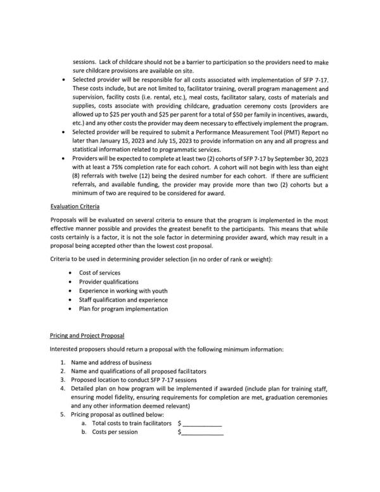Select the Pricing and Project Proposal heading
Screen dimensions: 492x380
click(87, 334)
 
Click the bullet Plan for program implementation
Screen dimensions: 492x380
click(123, 309)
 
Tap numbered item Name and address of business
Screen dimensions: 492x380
click(111, 362)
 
